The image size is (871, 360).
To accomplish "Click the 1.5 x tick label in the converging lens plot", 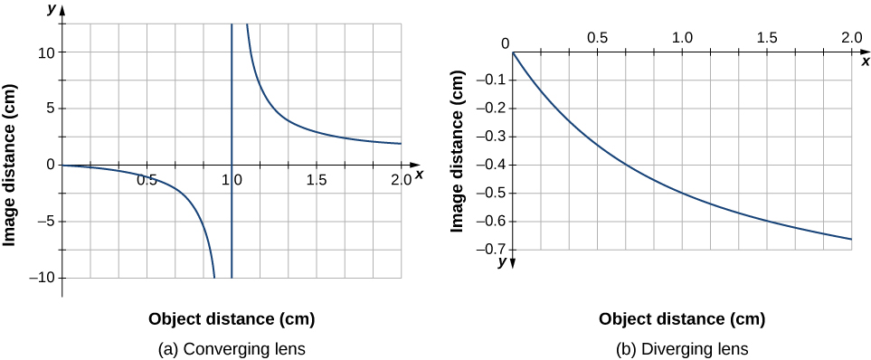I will tap(317, 180).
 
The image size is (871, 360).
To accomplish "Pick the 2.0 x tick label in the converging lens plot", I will tap(401, 180).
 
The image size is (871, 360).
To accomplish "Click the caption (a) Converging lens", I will tap(232, 347).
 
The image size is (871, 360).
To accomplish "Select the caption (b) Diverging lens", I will tap(681, 347).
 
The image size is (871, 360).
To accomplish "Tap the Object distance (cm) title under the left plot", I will tap(232, 318).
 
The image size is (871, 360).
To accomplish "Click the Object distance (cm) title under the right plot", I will tap(682, 318).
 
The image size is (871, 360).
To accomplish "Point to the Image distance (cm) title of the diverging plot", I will tap(459, 154).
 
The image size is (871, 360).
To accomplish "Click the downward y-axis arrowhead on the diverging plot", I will tap(513, 262).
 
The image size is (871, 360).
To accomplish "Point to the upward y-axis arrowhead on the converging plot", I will tap(63, 17).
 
